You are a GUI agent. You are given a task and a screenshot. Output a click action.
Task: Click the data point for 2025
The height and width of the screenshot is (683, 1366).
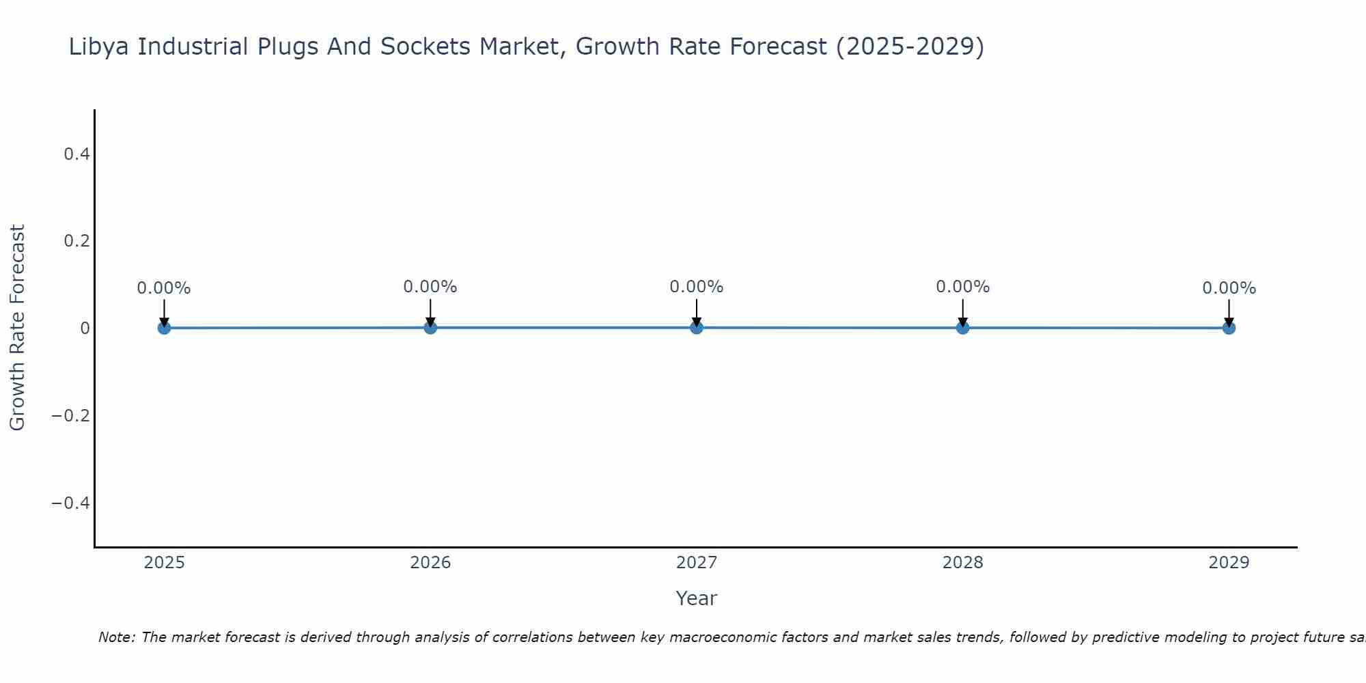[164, 328]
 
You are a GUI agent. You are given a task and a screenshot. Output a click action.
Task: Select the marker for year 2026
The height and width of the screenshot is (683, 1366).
[430, 327]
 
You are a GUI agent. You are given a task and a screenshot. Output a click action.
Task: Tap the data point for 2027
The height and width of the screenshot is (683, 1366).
[697, 327]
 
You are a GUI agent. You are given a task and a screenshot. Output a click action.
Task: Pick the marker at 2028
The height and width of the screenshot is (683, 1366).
[963, 327]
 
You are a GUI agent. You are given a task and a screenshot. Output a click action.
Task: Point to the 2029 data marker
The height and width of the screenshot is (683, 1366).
[1229, 328]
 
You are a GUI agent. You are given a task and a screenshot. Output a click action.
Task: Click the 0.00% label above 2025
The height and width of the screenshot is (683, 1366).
[164, 288]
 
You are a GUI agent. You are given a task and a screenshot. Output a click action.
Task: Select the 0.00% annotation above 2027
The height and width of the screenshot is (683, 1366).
[697, 287]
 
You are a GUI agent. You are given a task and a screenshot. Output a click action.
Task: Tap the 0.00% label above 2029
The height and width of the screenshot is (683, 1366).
[1229, 288]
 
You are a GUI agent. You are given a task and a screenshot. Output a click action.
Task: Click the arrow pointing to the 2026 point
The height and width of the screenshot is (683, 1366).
[430, 312]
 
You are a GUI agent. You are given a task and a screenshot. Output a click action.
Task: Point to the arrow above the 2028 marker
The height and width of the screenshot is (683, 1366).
[963, 312]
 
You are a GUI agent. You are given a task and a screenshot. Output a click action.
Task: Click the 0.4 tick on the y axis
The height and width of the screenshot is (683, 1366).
[76, 154]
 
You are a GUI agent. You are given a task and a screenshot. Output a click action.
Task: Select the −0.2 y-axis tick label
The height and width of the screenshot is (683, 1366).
[71, 416]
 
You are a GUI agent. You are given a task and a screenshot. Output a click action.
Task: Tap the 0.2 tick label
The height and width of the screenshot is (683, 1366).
[76, 241]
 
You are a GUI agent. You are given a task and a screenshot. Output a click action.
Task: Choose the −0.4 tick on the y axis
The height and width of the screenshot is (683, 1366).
[71, 503]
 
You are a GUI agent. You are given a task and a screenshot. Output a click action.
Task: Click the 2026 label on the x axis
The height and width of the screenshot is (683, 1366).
[430, 563]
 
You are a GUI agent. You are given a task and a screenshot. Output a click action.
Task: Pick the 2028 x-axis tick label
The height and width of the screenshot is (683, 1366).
[963, 563]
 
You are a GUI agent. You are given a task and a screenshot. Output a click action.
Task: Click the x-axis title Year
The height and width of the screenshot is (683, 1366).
[696, 598]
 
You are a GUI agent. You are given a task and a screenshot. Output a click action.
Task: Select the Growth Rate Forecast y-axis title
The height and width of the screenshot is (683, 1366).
[17, 328]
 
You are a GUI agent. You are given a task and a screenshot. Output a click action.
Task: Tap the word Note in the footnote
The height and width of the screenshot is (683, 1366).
[116, 637]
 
